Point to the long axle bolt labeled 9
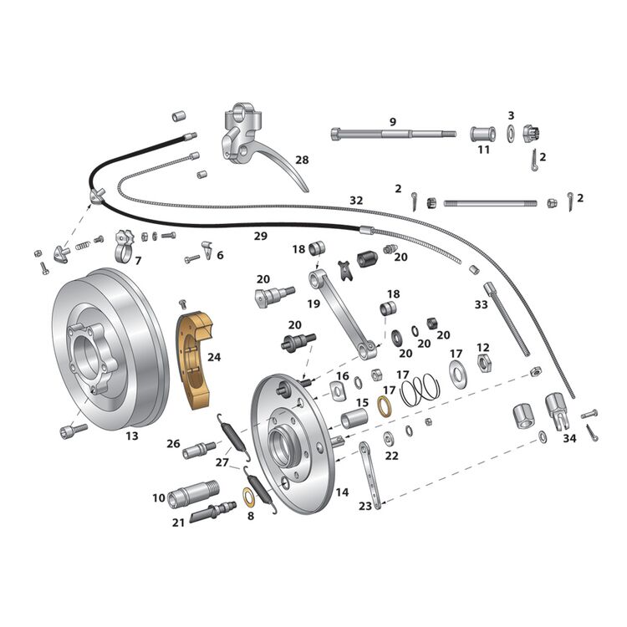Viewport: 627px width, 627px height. [x=393, y=134]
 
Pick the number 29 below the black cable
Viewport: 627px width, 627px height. [x=261, y=237]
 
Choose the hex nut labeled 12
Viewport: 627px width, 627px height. [x=482, y=362]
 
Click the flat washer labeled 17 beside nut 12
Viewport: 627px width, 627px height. [x=457, y=373]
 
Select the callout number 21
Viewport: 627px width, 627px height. [x=177, y=522]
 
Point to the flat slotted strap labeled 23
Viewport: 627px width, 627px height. [x=370, y=476]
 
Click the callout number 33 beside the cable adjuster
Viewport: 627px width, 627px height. [x=481, y=305]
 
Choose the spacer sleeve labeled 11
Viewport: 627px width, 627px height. [x=482, y=134]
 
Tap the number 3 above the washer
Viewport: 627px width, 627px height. [x=510, y=115]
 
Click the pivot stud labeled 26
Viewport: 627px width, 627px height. [x=198, y=450]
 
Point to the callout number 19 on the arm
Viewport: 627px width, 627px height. [x=313, y=303]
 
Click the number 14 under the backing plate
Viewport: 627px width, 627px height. [x=342, y=492]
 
